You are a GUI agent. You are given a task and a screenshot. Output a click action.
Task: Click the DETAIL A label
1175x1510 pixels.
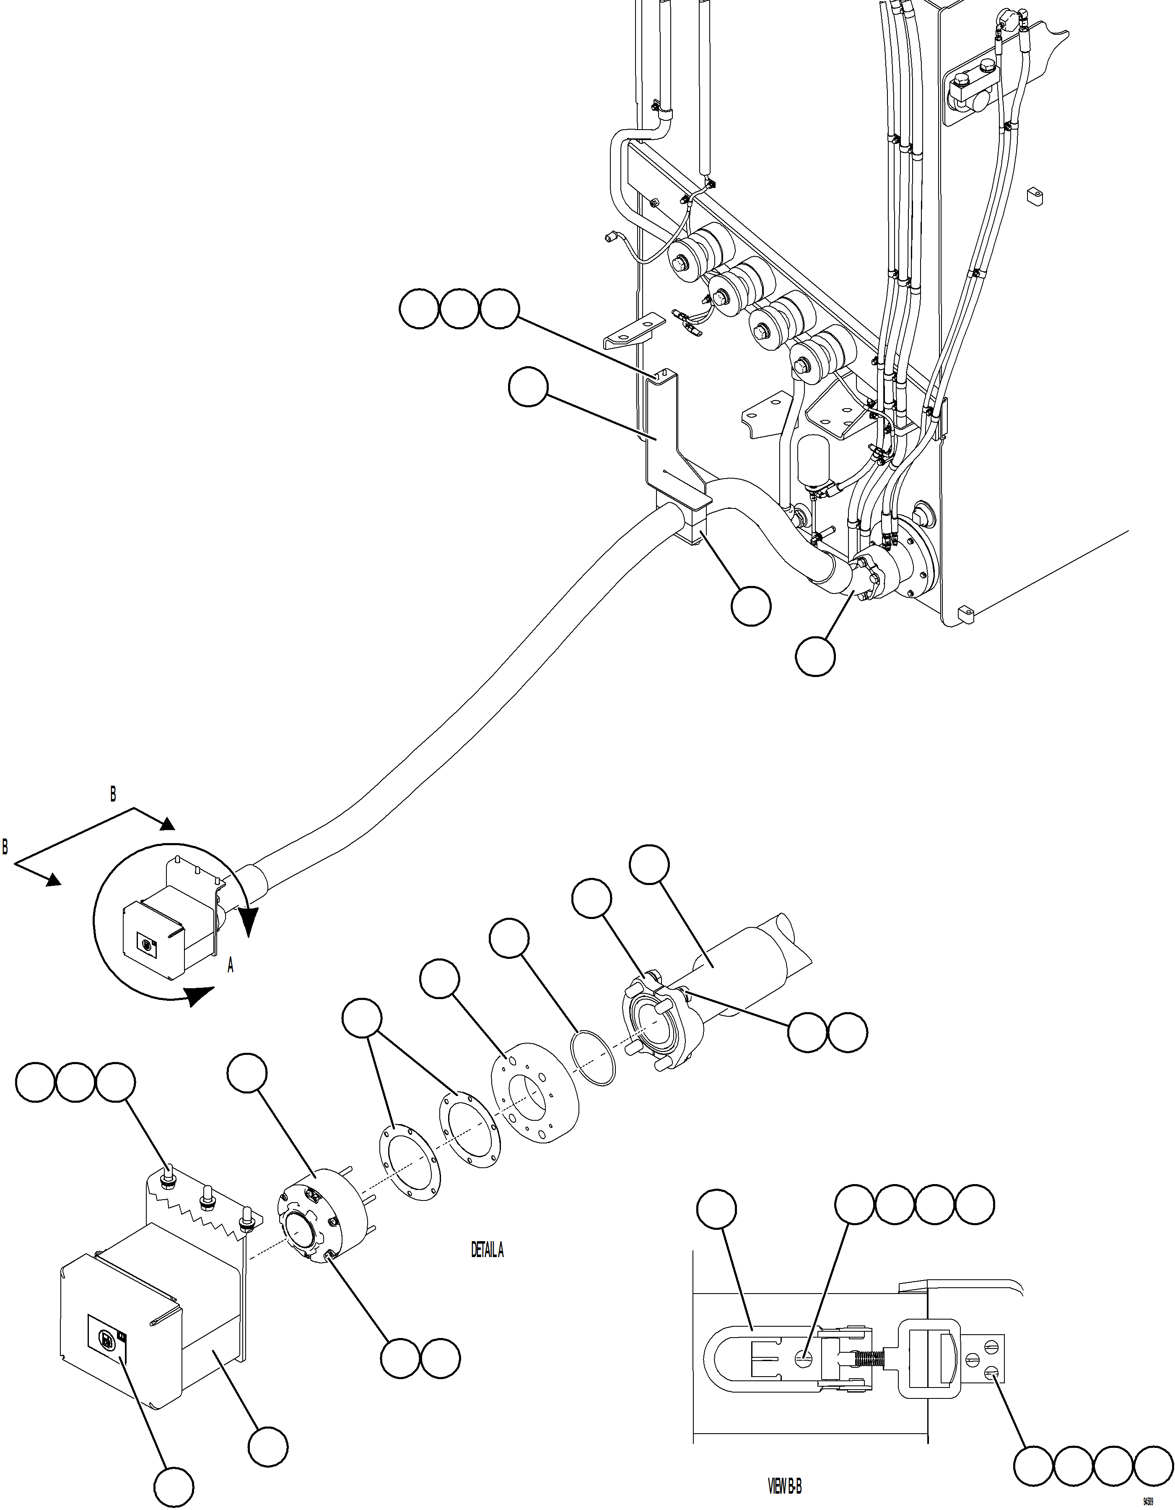click(x=487, y=1250)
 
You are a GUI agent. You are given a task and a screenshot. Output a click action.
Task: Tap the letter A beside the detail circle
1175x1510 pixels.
click(x=231, y=966)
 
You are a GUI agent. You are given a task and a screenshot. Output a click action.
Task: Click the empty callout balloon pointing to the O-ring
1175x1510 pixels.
click(x=509, y=938)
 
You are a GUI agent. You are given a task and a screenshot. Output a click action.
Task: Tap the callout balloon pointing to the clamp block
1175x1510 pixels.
click(x=751, y=607)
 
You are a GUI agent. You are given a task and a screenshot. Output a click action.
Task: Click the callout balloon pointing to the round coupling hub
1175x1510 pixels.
click(x=247, y=1073)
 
